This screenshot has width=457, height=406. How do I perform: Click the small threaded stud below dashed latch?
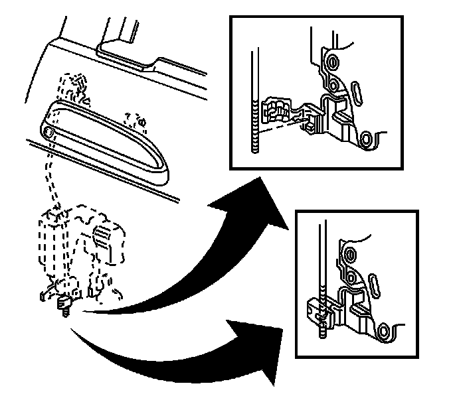pos(65,306)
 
